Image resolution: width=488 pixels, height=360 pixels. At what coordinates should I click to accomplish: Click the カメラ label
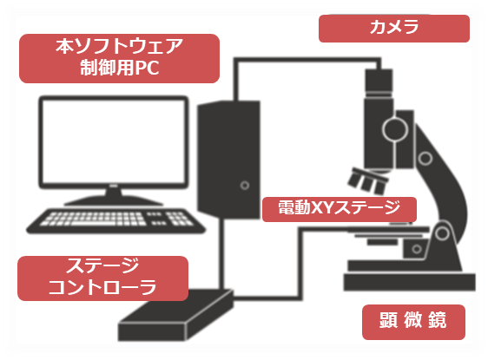[x=394, y=28]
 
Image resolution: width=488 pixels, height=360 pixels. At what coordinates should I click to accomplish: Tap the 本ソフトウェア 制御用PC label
[x=120, y=58]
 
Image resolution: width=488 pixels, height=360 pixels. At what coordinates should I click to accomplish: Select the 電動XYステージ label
[x=340, y=209]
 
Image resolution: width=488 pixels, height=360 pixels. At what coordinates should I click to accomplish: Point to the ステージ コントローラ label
[x=102, y=278]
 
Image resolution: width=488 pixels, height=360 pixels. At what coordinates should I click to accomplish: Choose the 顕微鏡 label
[x=413, y=322]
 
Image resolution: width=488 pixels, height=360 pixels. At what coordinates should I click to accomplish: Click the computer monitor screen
[x=113, y=141]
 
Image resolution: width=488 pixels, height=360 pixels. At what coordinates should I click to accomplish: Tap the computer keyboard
[x=115, y=220]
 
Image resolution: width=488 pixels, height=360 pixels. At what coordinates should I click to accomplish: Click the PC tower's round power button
[x=245, y=186]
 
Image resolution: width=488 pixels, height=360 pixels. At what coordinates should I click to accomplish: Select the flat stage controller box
[x=176, y=316]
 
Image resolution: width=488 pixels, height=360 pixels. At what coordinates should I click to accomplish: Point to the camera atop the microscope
[x=379, y=82]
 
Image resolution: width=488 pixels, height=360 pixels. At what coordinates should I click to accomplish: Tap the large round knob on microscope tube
[x=395, y=129]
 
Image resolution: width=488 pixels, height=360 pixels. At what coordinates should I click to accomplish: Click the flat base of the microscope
[x=409, y=282]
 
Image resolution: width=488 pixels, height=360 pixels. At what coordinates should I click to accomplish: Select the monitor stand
[x=113, y=196]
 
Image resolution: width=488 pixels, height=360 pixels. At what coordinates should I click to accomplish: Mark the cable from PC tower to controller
[x=221, y=253]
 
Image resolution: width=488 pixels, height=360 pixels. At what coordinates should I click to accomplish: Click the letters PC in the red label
[x=147, y=69]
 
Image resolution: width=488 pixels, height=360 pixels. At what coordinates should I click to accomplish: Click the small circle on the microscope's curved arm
[x=425, y=158]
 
